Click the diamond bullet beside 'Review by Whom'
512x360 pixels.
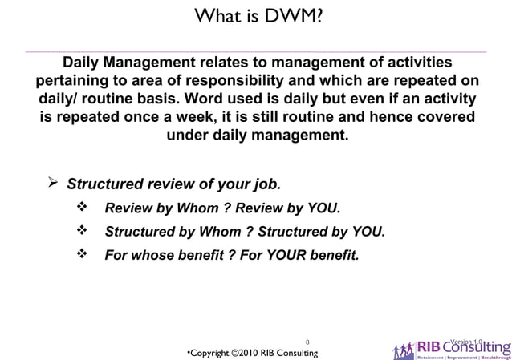[80, 209]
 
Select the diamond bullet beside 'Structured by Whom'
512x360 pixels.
[80, 233]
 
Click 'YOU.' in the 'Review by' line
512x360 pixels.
[323, 209]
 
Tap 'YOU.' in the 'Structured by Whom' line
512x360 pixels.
[368, 233]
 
